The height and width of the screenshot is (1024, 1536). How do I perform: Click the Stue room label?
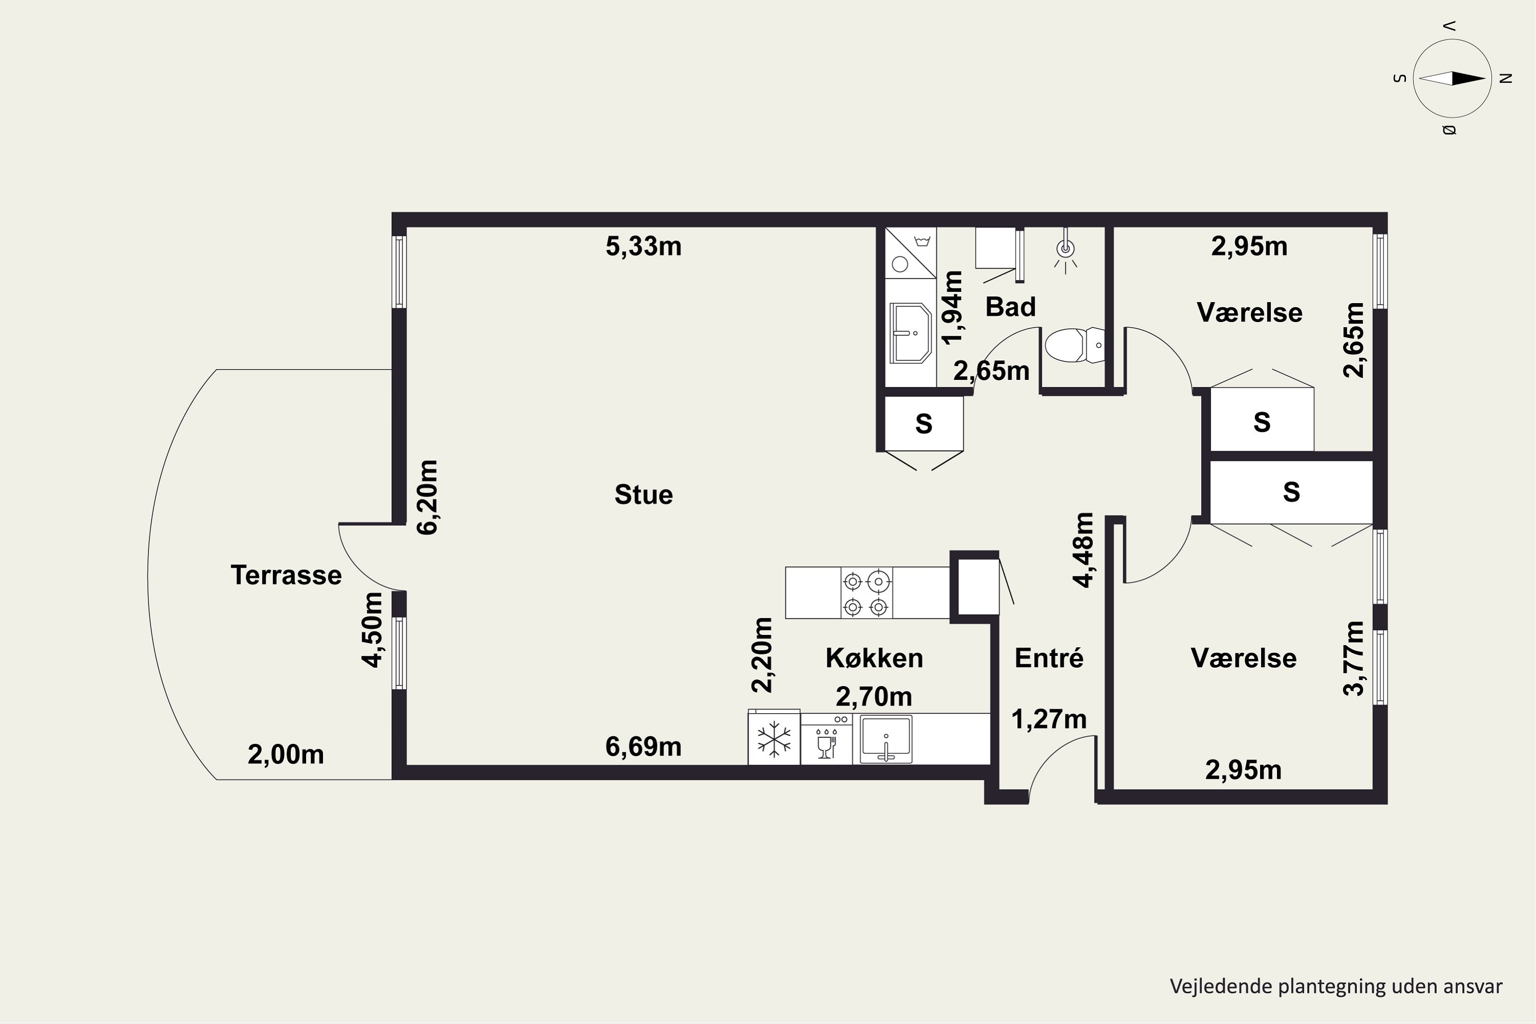click(x=643, y=495)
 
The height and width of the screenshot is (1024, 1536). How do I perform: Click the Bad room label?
click(x=1010, y=306)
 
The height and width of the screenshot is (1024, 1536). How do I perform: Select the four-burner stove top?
click(x=866, y=593)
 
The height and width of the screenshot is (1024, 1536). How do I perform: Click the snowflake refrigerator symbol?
click(x=774, y=740)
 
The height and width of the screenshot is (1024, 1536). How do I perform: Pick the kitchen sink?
click(x=886, y=739)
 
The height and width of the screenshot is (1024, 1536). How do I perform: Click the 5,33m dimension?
click(x=643, y=246)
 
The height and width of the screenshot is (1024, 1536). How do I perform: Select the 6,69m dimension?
click(x=643, y=746)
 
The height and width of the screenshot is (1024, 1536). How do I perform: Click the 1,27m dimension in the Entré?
click(x=1049, y=719)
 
